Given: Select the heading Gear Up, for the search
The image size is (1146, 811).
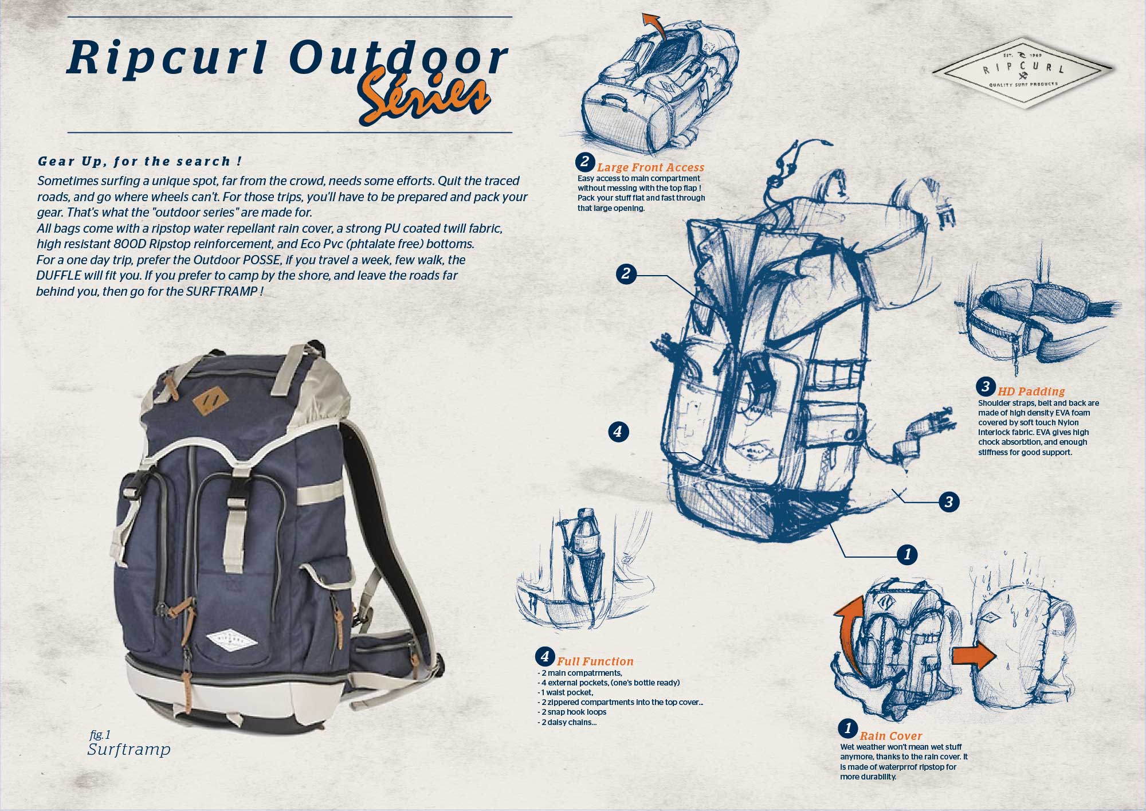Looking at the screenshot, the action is coord(139,162).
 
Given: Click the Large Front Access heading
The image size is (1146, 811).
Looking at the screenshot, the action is coord(650,167).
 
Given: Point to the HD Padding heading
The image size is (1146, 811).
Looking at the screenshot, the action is coord(1031,391).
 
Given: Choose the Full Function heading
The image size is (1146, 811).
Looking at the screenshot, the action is coord(595,661).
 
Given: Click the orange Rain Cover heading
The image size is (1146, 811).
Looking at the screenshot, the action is coord(891,736).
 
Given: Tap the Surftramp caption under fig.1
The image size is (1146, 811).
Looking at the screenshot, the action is coord(129,750).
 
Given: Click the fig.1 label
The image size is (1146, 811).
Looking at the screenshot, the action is coord(100,735).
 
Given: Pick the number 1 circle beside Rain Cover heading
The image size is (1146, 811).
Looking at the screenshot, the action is coord(847,728).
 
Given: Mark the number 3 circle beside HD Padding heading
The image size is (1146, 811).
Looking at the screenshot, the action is coord(986,386).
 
